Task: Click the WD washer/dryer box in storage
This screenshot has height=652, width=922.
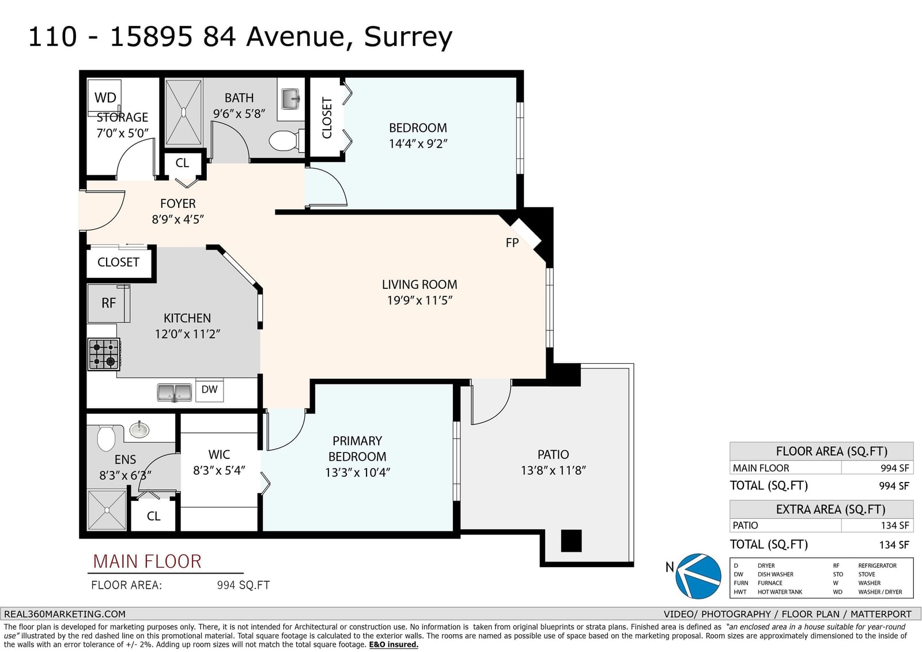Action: [104, 96]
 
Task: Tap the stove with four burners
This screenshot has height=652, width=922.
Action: [104, 354]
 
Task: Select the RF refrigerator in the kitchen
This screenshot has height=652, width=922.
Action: [109, 304]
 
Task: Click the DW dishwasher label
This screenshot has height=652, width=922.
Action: [210, 389]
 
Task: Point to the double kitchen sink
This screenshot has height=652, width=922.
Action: [175, 393]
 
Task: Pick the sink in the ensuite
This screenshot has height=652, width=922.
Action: [139, 429]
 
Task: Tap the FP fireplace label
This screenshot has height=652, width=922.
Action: [512, 243]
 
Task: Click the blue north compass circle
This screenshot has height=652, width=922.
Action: [698, 576]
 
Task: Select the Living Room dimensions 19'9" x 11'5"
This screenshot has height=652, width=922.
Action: [420, 300]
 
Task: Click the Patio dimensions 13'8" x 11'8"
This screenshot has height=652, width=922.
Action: [553, 470]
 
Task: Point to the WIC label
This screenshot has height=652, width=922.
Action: [219, 454]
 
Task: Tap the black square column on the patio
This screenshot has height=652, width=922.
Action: [571, 541]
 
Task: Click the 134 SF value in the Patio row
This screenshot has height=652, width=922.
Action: [894, 525]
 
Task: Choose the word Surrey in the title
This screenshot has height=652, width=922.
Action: [408, 37]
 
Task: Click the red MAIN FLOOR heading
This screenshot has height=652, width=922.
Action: [148, 561]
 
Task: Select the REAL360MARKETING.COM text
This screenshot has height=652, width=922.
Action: [65, 614]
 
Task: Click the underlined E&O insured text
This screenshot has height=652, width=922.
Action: [394, 645]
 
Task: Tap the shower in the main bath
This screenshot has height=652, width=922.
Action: [184, 112]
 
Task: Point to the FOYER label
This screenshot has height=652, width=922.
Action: [178, 203]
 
